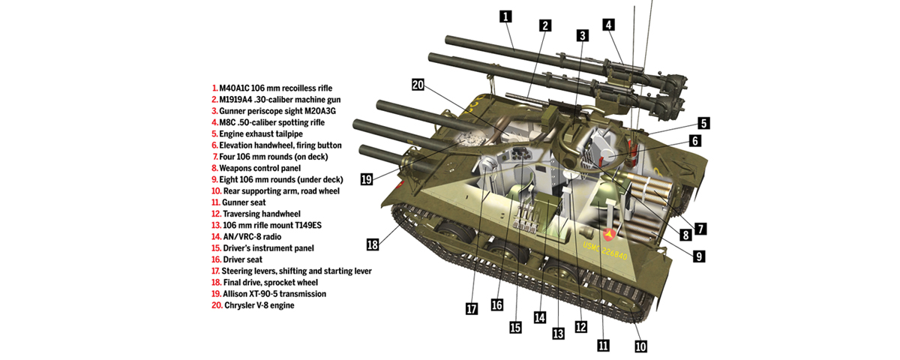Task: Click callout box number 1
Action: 506,16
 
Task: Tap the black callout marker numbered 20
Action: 418,85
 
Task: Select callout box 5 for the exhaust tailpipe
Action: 703,123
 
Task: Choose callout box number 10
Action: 640,346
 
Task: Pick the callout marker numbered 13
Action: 556,333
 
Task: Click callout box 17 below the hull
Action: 470,307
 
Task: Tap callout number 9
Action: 698,256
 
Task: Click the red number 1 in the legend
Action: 214,88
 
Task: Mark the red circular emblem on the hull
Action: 605,236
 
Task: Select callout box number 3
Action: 583,34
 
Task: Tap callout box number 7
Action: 700,228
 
